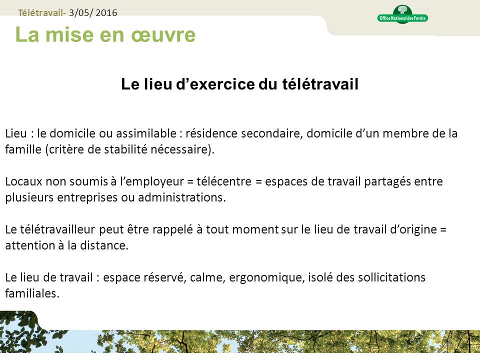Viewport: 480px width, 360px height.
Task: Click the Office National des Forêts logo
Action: (x=402, y=14)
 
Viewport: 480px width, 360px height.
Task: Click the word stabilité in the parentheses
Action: (x=127, y=149)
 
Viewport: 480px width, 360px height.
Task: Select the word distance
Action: (x=105, y=245)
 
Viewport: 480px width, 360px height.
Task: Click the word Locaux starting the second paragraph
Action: (x=21, y=181)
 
